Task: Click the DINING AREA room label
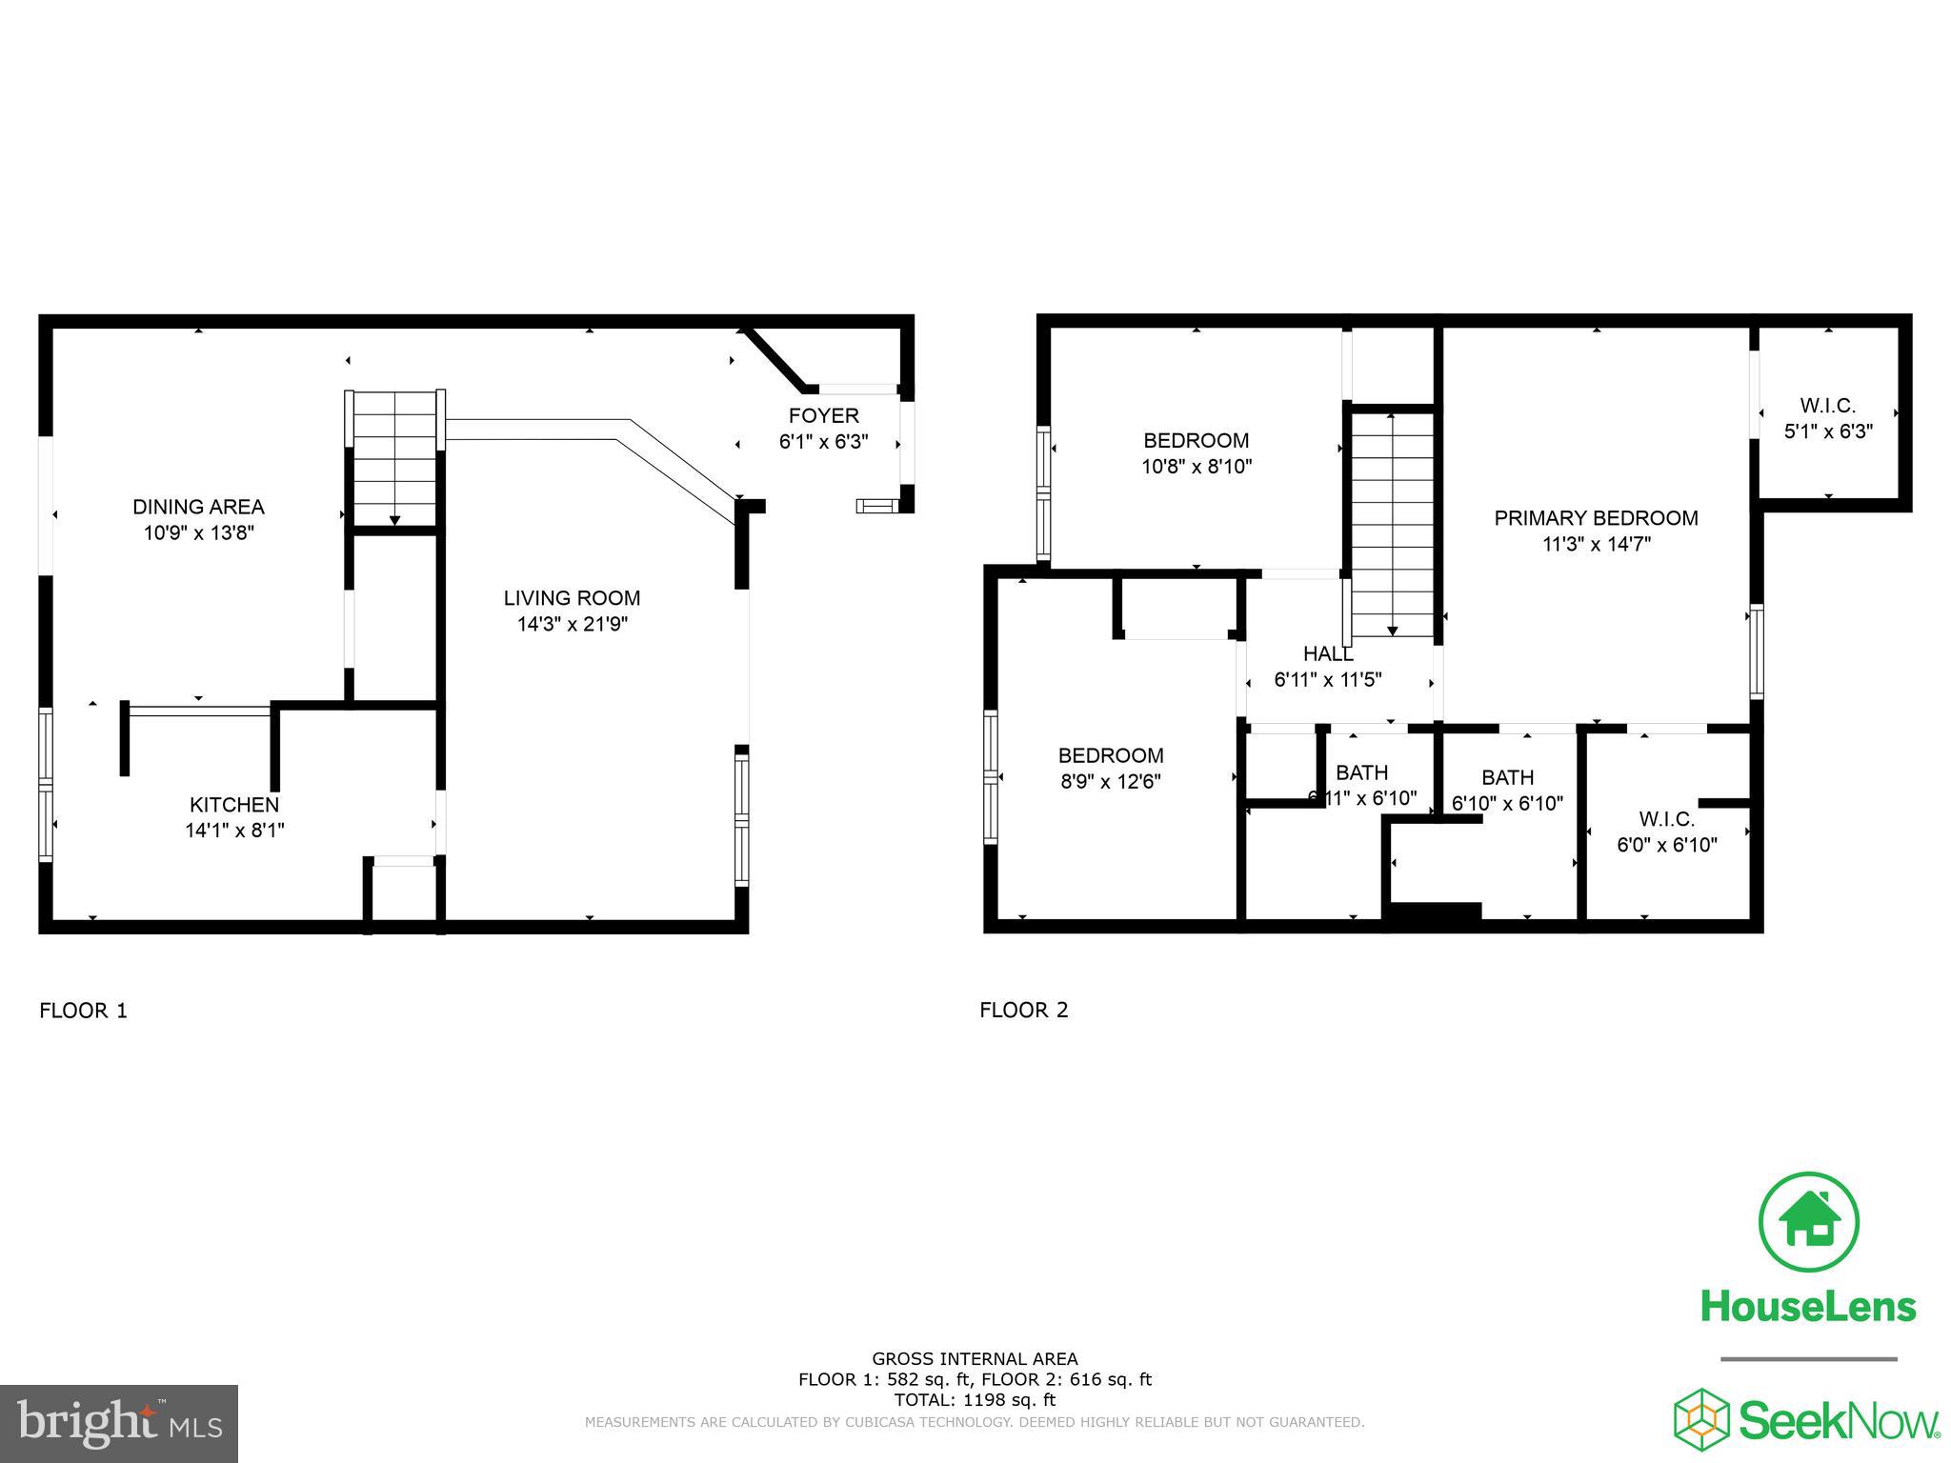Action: point(198,507)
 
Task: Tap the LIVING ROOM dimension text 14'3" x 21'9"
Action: point(572,625)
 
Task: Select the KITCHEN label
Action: point(234,805)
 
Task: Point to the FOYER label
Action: point(823,415)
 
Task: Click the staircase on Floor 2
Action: point(1392,524)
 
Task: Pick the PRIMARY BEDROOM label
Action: point(1596,518)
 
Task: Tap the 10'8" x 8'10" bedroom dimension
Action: point(1196,467)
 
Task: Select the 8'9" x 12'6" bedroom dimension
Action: point(1111,782)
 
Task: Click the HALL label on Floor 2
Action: point(1327,654)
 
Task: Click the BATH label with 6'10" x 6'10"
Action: point(1507,777)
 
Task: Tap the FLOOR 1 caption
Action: point(83,1011)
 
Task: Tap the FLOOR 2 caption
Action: point(1024,1011)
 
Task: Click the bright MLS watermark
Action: point(119,1423)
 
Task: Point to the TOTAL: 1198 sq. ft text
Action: point(975,1400)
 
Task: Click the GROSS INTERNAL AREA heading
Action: point(975,1359)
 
